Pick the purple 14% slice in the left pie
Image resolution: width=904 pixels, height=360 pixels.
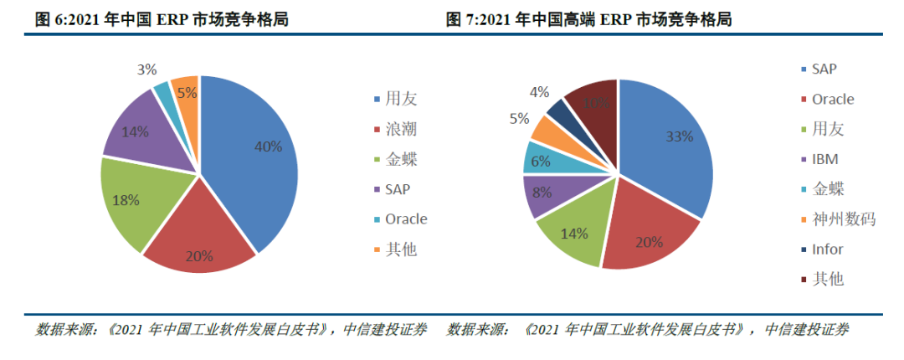tap(138, 134)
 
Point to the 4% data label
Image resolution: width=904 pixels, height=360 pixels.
tap(540, 91)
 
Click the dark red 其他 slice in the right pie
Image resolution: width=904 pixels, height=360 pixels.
tap(594, 105)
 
